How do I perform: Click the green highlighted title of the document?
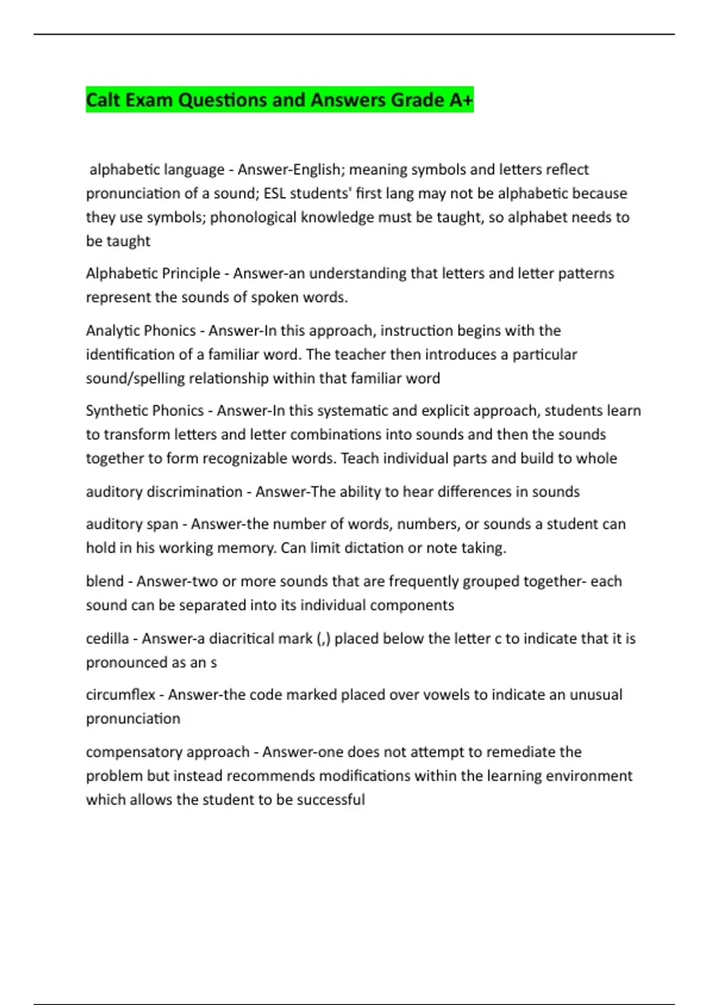[x=279, y=100]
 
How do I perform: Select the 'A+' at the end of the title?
[x=461, y=100]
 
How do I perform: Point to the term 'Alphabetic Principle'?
[x=153, y=273]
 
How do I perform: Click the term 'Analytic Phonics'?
[x=141, y=330]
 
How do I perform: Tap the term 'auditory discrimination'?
[x=164, y=491]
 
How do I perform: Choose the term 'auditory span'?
[x=132, y=524]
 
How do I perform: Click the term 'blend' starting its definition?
[x=105, y=581]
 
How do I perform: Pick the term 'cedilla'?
[x=108, y=638]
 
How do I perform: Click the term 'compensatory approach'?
[x=168, y=752]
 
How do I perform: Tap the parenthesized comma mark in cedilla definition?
[x=324, y=639]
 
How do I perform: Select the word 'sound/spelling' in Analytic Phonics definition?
[x=135, y=378]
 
